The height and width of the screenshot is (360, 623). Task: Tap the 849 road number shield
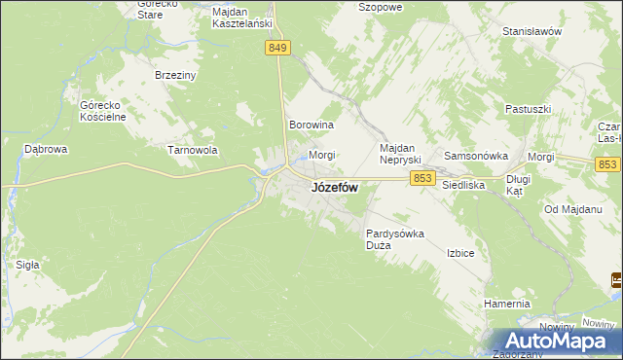277,48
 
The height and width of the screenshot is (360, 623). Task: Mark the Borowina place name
311,126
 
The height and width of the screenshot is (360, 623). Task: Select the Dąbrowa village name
45,150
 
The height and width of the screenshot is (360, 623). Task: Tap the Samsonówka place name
478,156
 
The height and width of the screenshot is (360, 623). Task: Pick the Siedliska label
463,183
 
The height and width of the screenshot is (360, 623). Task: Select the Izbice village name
460,253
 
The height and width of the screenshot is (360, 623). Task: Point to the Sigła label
27,264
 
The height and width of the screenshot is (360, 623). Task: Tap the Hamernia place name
506,304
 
